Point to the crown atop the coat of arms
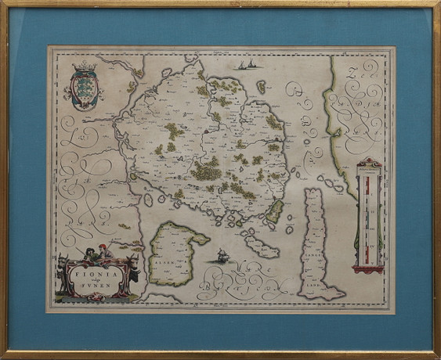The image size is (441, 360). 81,70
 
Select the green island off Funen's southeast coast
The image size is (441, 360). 275,209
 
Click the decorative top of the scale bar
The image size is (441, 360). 367,164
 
